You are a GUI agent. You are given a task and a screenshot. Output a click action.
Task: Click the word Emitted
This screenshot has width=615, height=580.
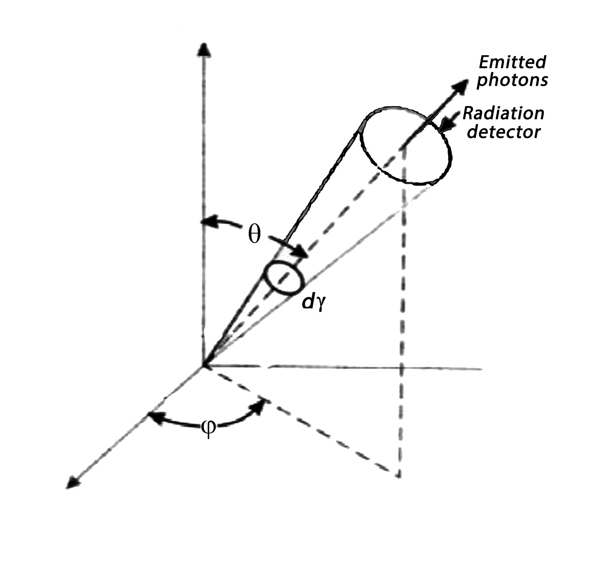(512, 62)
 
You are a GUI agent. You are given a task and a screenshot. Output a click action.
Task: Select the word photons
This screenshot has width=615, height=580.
(512, 80)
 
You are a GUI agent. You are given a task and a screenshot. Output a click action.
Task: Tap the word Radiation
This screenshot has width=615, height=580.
(504, 113)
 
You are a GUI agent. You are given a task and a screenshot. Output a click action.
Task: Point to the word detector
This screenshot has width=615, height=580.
(504, 132)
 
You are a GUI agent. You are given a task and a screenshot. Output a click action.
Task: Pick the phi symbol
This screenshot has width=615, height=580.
(208, 428)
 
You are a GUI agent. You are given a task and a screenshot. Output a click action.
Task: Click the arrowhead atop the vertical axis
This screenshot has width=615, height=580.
(203, 50)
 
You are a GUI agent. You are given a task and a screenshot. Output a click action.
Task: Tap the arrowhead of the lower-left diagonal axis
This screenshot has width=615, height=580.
(72, 483)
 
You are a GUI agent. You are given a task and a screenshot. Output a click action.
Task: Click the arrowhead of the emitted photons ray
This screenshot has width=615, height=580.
(460, 85)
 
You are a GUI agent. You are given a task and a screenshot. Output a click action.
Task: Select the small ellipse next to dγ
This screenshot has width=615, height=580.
(285, 279)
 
